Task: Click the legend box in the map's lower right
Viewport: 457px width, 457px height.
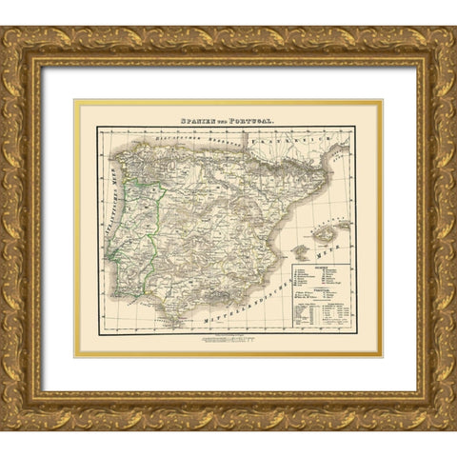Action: click(x=329, y=296)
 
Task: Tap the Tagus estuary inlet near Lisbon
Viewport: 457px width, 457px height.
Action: click(x=113, y=255)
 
